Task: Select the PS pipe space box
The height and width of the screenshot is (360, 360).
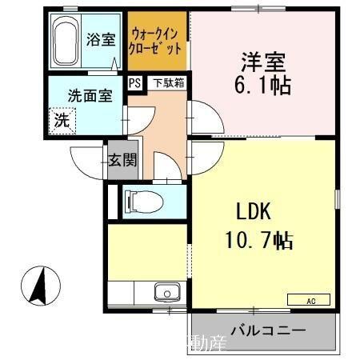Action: coord(134,82)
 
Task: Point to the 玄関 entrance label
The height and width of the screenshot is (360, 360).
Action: coord(122,158)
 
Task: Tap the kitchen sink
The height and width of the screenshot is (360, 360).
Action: coord(166,292)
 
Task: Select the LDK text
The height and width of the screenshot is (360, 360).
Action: coord(254,212)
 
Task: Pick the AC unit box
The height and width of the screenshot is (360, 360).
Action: coord(308,300)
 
